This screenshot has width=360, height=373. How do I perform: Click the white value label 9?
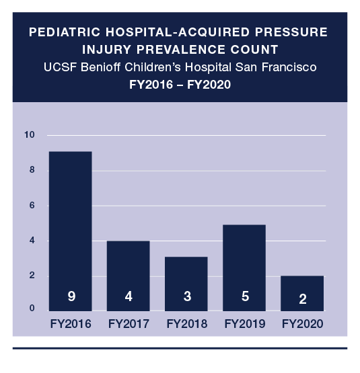pos(70,296)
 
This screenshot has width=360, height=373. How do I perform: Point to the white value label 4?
pos(128,296)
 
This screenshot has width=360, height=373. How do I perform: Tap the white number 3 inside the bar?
pos(186,296)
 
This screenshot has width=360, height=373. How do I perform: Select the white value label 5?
pos(244,296)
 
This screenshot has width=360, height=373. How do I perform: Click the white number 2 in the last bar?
pos(301,296)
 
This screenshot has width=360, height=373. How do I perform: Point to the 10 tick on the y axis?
pos(29,135)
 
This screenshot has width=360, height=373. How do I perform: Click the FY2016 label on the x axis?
pos(70,324)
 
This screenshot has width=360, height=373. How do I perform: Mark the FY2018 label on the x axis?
pos(186,324)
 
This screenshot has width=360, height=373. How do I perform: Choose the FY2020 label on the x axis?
pos(302,324)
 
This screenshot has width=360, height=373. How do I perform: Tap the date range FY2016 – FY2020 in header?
pos(180,85)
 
